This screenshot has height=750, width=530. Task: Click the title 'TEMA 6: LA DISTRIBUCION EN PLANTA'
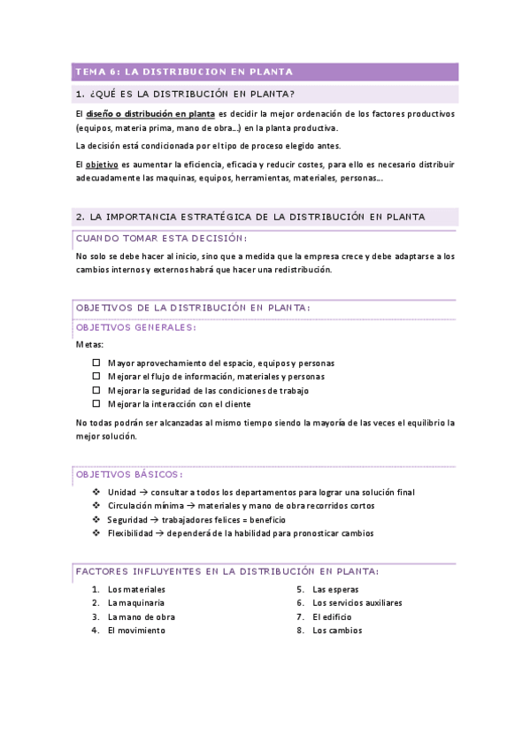tap(184, 72)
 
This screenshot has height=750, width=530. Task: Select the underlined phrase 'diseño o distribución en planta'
tap(150, 114)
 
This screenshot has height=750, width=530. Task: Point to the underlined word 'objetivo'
tap(103, 165)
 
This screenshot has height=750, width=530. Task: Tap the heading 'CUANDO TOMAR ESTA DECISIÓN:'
tap(161, 238)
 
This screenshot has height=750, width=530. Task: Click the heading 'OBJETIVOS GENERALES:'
tap(136, 327)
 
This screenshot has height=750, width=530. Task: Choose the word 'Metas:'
tap(89, 344)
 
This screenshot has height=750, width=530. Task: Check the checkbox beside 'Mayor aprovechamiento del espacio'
tap(96, 364)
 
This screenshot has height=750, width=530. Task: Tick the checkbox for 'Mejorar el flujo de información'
tap(96, 377)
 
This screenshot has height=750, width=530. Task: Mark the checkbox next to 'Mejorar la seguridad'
tap(96, 390)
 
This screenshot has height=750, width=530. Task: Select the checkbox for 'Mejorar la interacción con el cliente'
tap(96, 404)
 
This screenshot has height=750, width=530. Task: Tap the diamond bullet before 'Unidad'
tap(96, 492)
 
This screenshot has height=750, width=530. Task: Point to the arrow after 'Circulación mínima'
tap(177, 506)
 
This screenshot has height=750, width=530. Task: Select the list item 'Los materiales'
tap(136, 589)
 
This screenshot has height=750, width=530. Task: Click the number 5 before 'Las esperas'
tap(300, 589)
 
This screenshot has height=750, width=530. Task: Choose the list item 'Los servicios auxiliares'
tap(357, 603)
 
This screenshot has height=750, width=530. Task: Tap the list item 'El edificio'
tap(332, 616)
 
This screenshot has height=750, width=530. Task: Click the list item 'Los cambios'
tap(337, 631)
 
